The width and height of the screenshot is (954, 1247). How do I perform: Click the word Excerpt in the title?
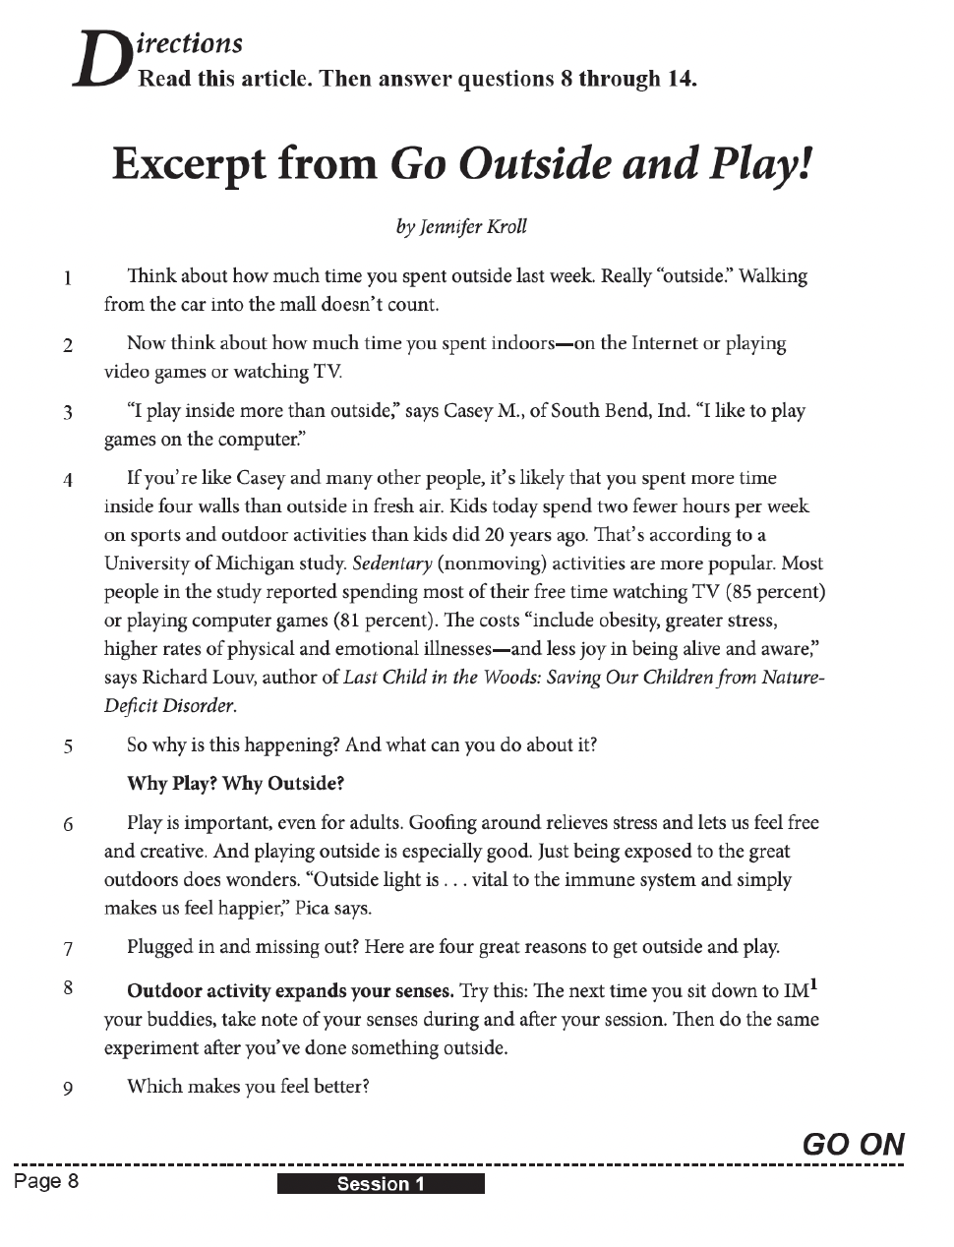pyautogui.click(x=245, y=163)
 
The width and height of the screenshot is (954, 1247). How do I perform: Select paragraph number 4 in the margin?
pyautogui.click(x=68, y=481)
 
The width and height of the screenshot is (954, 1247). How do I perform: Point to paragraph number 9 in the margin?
pyautogui.click(x=68, y=1089)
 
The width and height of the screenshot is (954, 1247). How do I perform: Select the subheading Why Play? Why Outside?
pyautogui.click(x=236, y=784)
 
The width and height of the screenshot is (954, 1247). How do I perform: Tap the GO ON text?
pyautogui.click(x=853, y=1144)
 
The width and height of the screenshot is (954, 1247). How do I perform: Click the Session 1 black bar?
pyautogui.click(x=381, y=1184)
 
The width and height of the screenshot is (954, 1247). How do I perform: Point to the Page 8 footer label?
pyautogui.click(x=46, y=1181)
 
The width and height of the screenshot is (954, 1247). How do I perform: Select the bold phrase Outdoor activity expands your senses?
pyautogui.click(x=290, y=990)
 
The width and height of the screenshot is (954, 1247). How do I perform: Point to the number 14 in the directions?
pyautogui.click(x=681, y=79)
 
